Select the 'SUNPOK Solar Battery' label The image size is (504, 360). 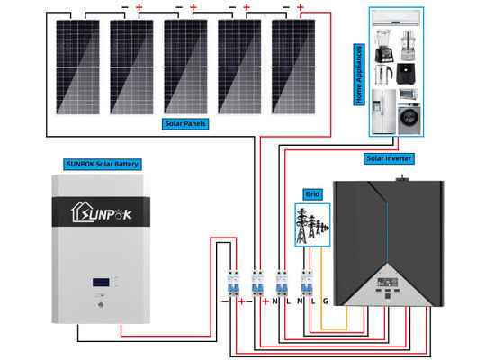[107, 164]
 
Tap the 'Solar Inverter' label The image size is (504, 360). [389, 158]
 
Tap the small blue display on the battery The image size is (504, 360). [100, 286]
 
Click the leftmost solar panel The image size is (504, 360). [76, 67]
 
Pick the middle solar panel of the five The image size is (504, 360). [185, 67]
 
